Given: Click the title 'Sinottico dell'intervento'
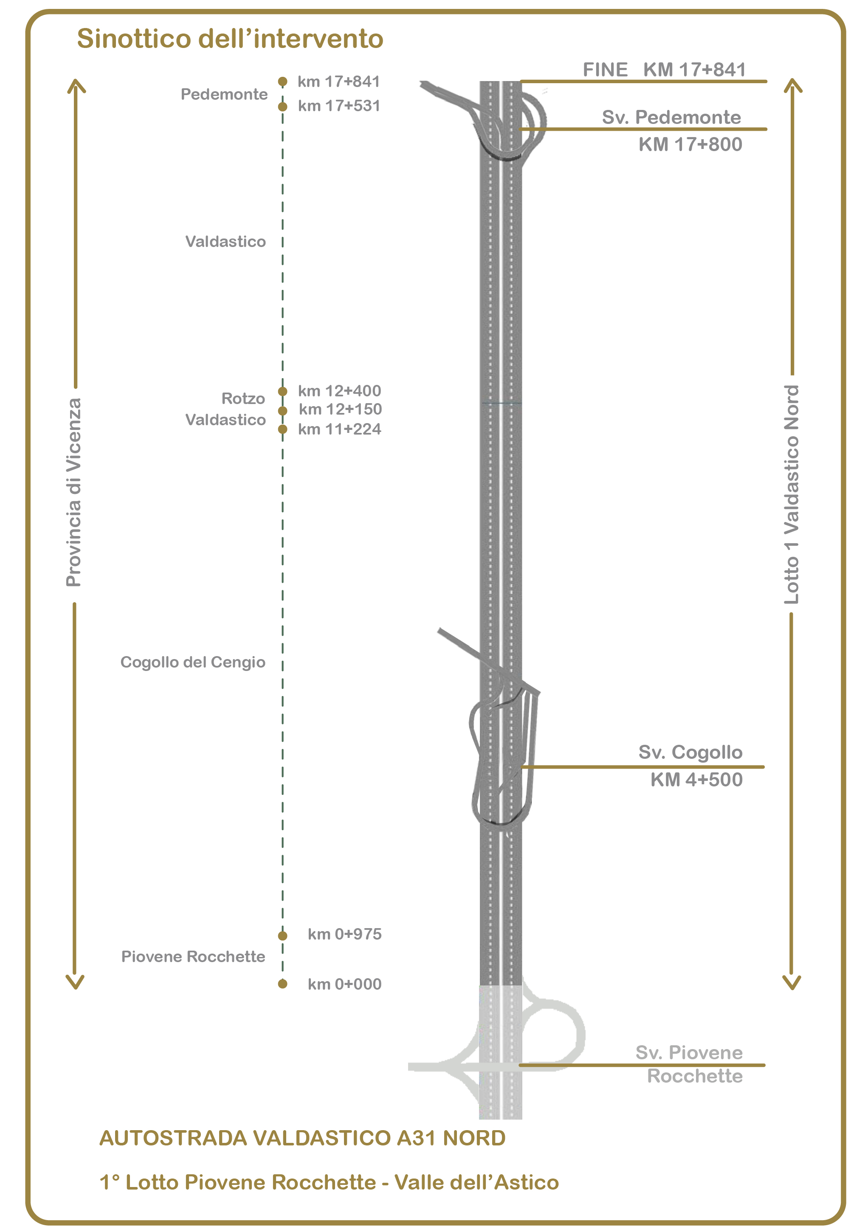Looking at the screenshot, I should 230,39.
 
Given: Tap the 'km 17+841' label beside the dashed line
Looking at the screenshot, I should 339,81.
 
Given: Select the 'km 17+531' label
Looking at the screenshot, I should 339,106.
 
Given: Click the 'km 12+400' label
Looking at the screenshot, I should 339,390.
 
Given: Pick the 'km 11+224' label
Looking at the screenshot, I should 339,429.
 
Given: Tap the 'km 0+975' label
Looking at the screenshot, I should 344,934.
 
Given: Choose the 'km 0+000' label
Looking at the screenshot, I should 344,984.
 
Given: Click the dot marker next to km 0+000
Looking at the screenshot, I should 282,984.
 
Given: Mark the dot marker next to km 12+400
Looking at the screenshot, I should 282,391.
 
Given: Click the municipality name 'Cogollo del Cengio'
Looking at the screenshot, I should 193,662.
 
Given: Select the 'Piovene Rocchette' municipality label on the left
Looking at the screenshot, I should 193,957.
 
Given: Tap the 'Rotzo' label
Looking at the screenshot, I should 243,399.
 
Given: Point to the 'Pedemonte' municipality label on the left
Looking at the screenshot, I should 224,95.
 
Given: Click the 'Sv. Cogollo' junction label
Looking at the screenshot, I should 690,752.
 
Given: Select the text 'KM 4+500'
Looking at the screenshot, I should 696,780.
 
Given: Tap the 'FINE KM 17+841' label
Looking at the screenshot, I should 664,70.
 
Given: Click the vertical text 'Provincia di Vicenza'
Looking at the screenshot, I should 73,493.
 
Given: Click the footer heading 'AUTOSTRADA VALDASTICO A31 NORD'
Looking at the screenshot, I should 302,1138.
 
